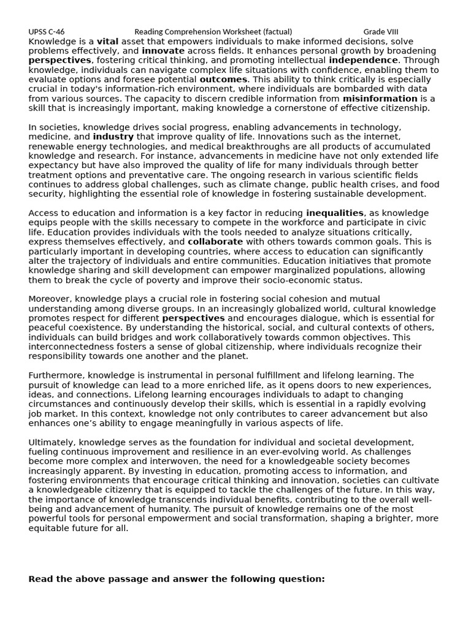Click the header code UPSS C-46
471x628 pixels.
click(x=46, y=32)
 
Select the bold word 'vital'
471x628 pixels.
click(x=107, y=41)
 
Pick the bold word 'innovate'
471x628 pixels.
click(x=163, y=51)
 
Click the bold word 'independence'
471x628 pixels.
click(x=363, y=60)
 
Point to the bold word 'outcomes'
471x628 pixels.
click(x=223, y=79)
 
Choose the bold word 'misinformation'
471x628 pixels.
click(x=380, y=98)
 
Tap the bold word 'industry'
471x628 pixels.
click(x=113, y=137)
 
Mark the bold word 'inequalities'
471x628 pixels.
click(x=334, y=213)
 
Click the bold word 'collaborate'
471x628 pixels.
click(x=215, y=242)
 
